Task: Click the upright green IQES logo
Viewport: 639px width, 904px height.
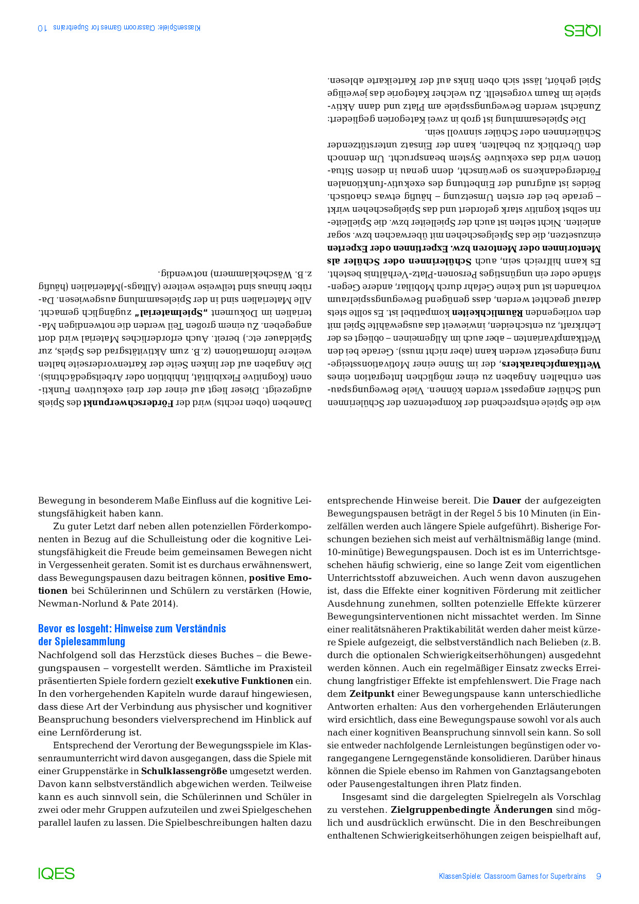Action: click(x=57, y=873)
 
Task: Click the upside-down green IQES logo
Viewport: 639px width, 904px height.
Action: click(x=582, y=30)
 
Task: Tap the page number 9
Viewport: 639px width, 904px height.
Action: click(x=598, y=876)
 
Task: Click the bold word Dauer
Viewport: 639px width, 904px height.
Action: click(x=507, y=500)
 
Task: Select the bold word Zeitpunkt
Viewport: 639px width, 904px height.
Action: click(x=372, y=694)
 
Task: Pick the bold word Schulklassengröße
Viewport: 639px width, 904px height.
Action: click(x=184, y=771)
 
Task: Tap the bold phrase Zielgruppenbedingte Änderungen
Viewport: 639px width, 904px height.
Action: click(x=472, y=810)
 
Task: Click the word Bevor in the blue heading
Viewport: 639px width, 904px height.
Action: click(x=49, y=629)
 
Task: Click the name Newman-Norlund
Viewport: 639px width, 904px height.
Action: click(x=73, y=604)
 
